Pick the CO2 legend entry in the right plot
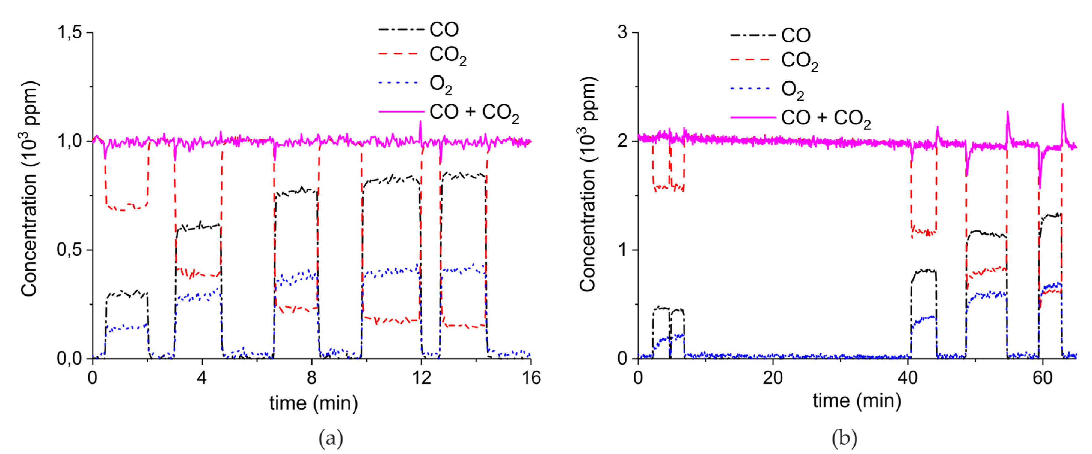[799, 61]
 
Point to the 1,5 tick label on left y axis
[70, 33]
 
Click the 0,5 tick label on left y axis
[70, 250]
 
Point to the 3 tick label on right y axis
[622, 33]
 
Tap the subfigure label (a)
[331, 438]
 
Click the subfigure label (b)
[844, 438]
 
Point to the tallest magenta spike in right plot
[1063, 105]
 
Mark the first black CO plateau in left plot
[126, 294]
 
